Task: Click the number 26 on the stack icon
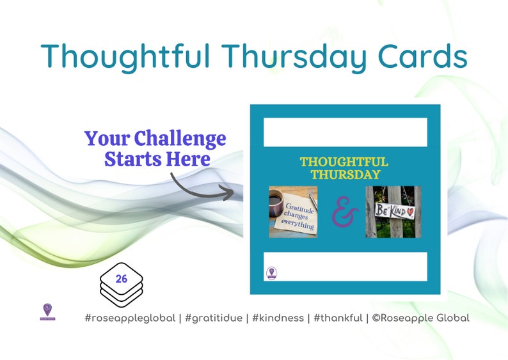point(122,279)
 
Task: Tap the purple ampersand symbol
point(342,213)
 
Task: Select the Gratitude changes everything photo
point(293,212)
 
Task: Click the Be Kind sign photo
point(393,212)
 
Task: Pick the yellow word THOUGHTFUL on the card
point(344,162)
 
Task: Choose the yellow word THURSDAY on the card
point(345,175)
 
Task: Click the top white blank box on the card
point(345,132)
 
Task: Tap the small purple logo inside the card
point(271,273)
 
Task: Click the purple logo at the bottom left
point(47,311)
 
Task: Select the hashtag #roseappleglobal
point(130,318)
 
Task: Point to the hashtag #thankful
point(337,318)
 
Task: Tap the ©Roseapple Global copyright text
point(420,318)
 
